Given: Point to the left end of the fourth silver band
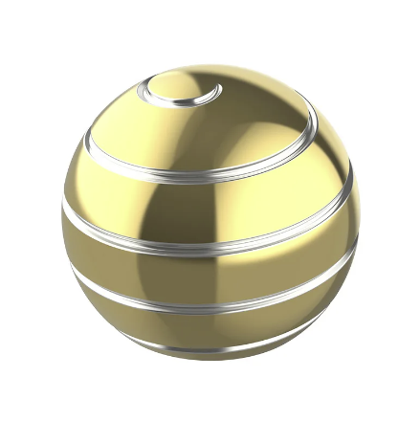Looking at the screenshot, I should pos(72,269).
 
